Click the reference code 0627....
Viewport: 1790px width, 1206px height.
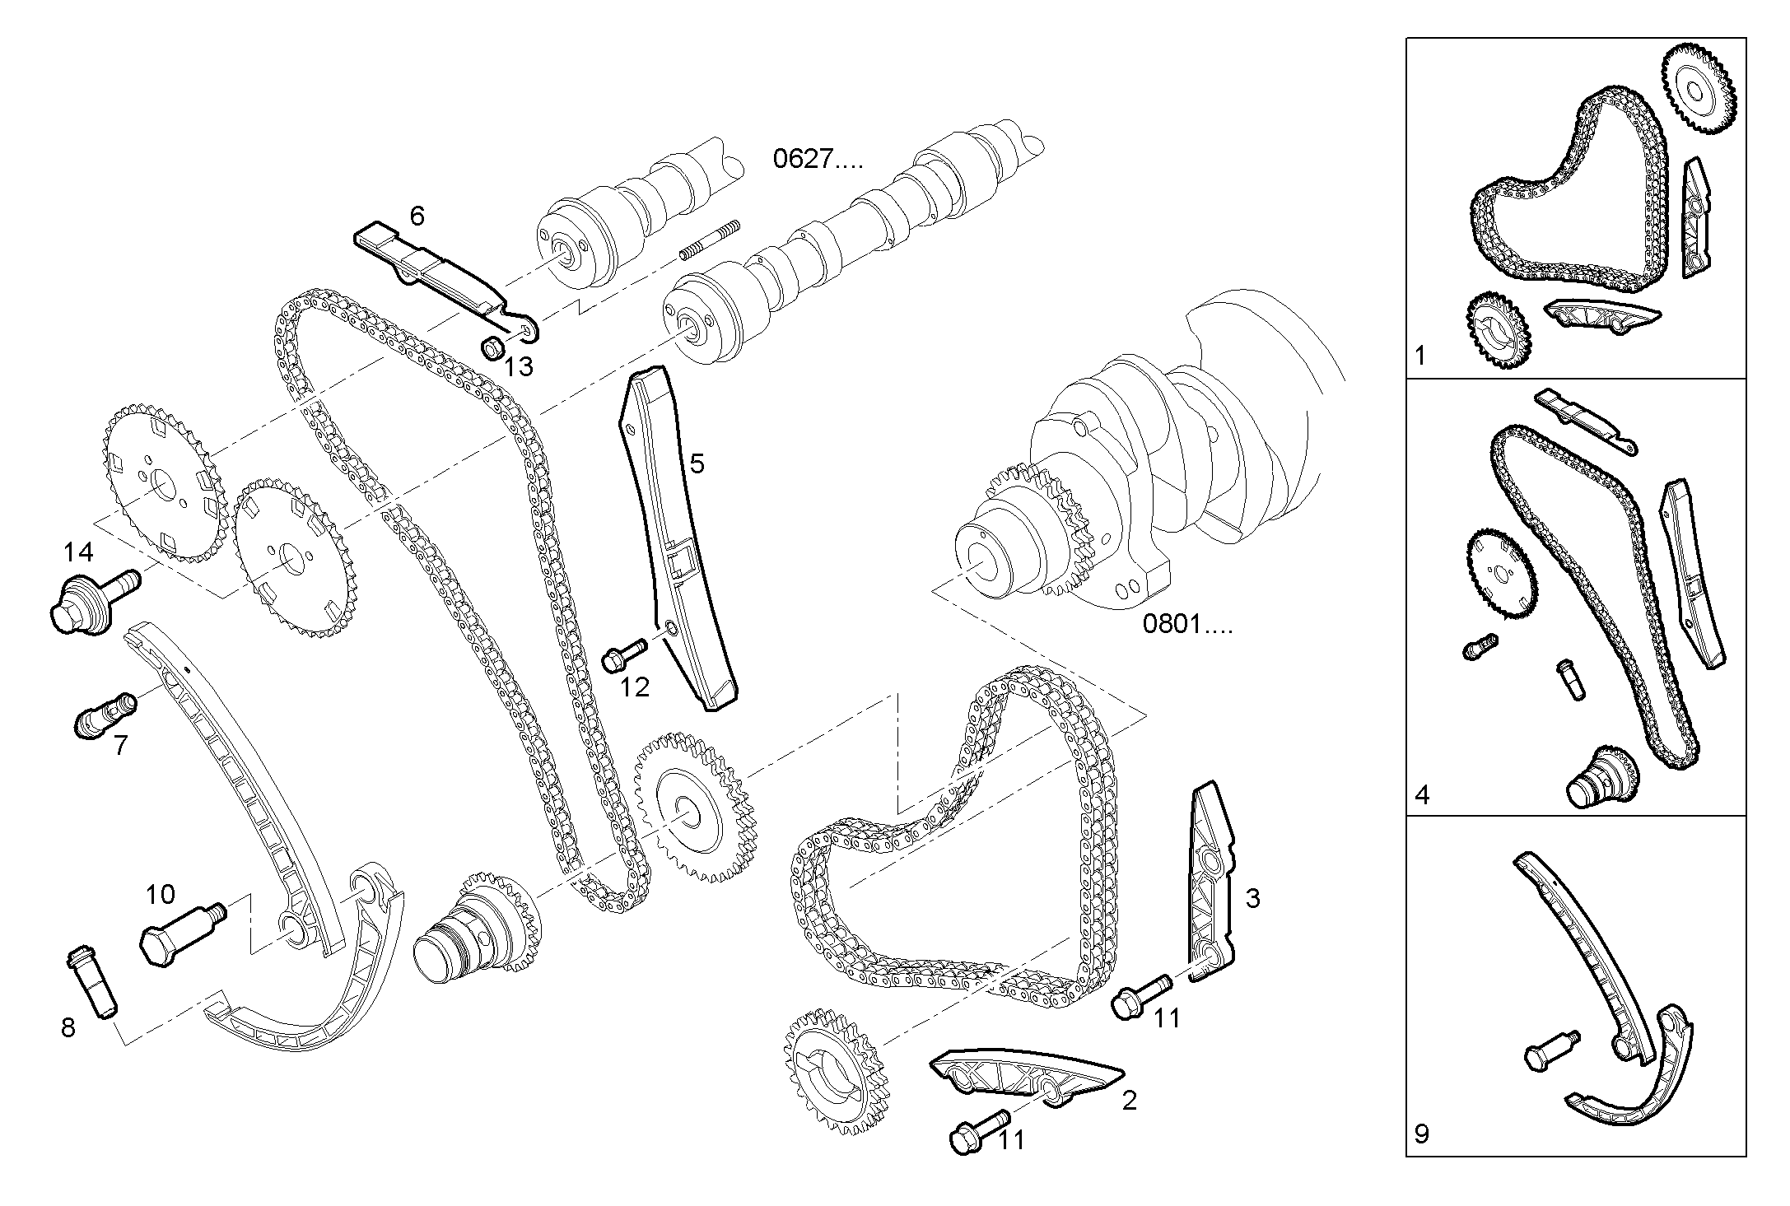coord(817,158)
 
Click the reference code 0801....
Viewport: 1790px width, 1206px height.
coord(1186,625)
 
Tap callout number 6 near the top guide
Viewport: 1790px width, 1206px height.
coord(417,217)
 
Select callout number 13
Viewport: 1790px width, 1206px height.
coord(519,366)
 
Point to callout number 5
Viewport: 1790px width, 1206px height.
coord(697,463)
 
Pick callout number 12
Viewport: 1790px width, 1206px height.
coord(634,687)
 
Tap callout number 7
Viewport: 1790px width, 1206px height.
coord(121,745)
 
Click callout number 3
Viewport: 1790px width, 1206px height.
coord(1252,898)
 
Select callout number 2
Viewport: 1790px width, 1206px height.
coord(1129,1100)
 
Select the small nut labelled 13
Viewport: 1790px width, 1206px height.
coord(492,348)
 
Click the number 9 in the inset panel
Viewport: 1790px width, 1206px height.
coord(1422,1134)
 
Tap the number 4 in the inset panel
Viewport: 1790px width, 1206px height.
coord(1422,795)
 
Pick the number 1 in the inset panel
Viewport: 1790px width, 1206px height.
coord(1419,356)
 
